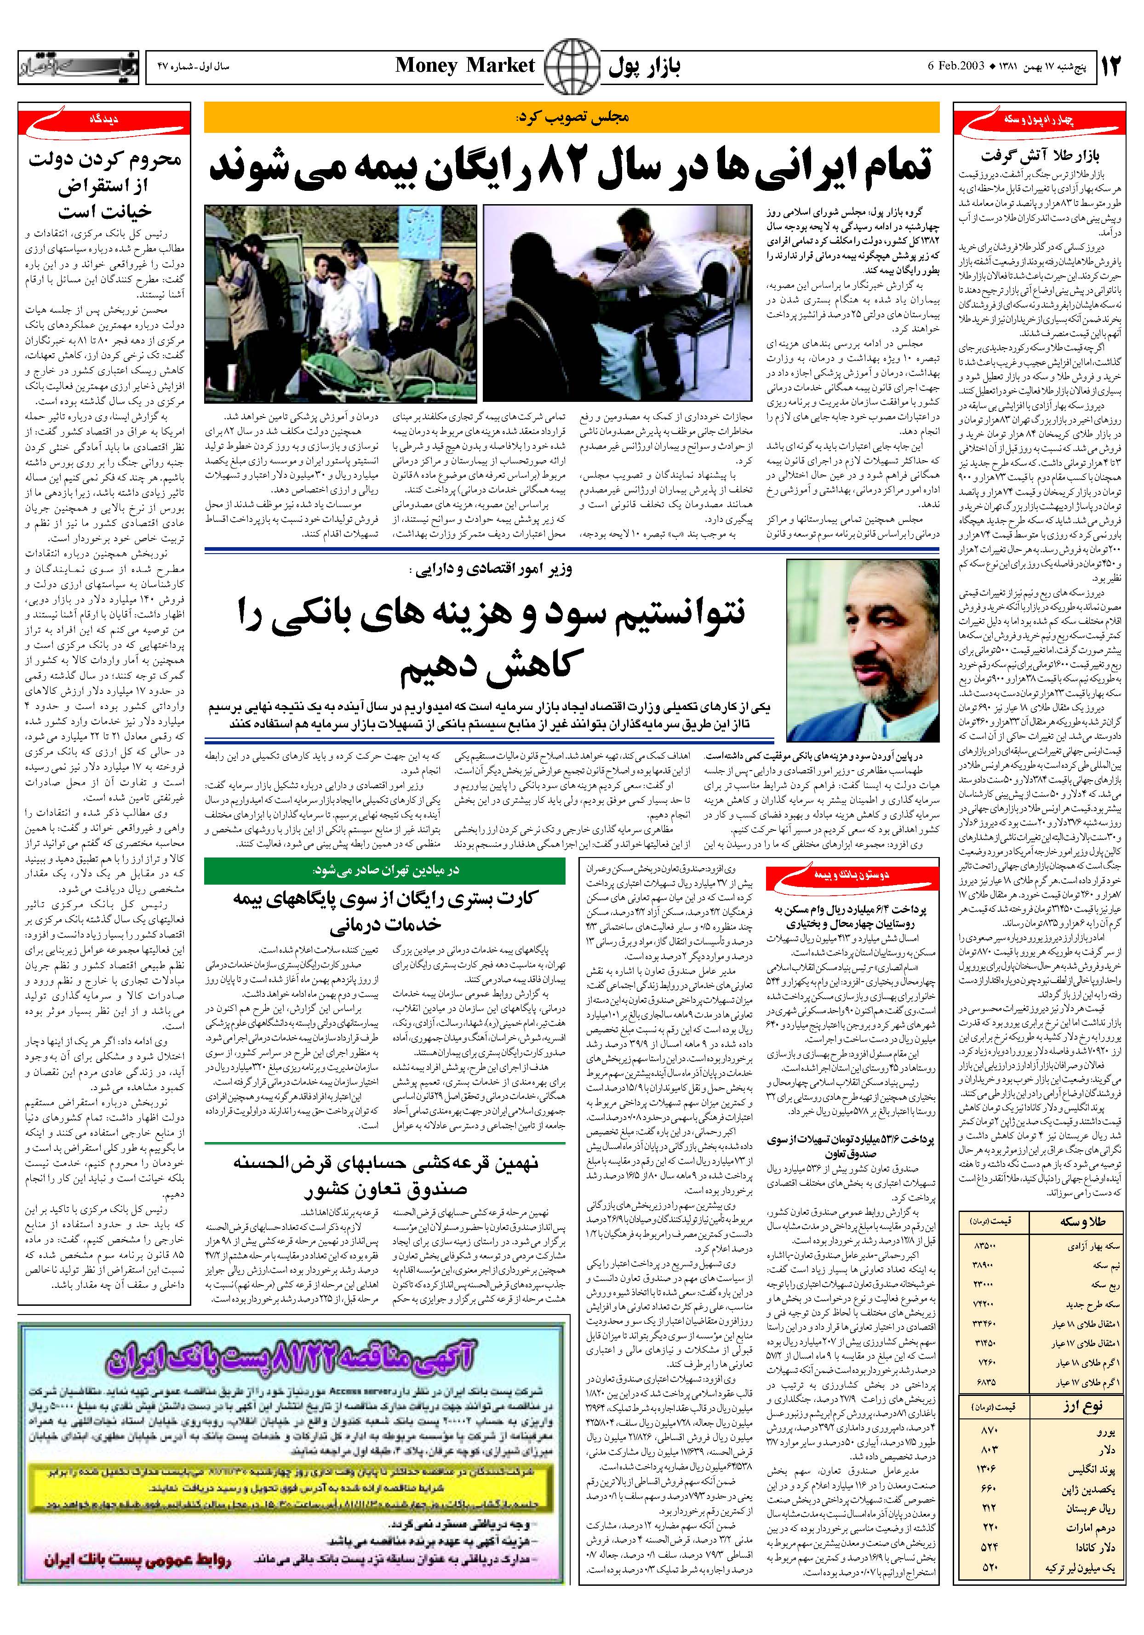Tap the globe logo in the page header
point(571,66)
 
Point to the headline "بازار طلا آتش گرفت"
point(1040,155)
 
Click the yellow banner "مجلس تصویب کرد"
point(571,118)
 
